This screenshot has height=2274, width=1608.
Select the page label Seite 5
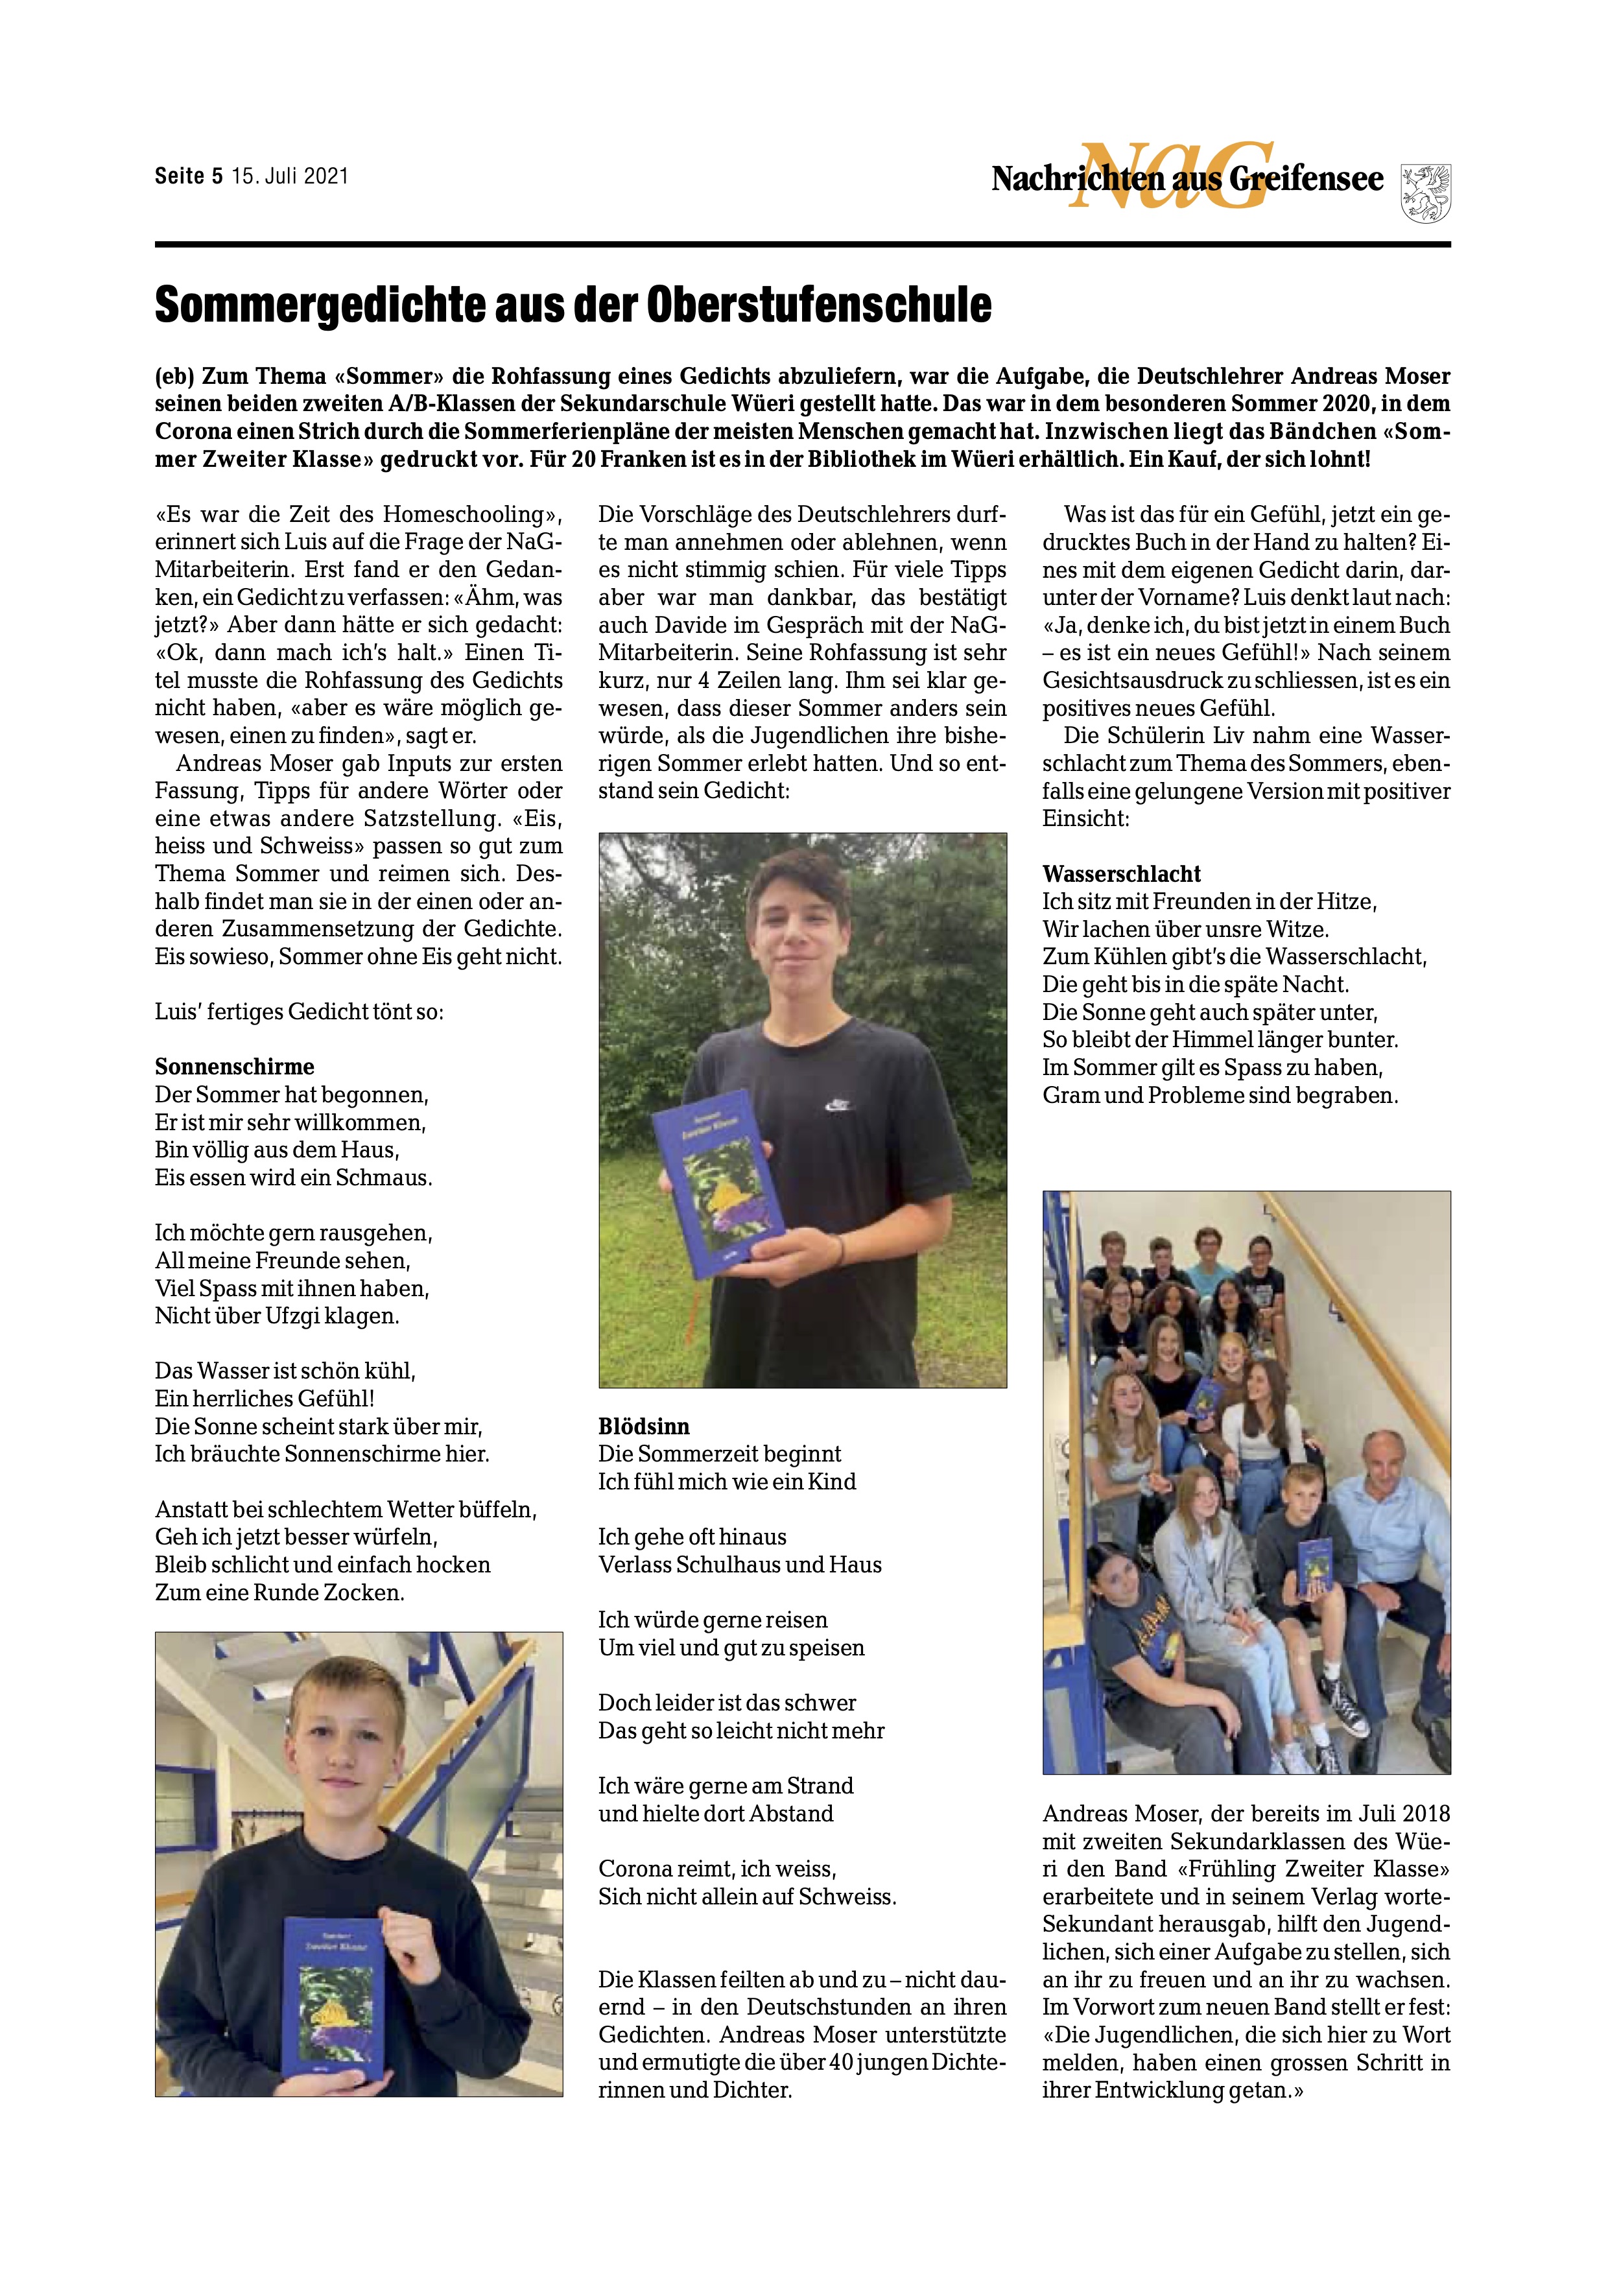pyautogui.click(x=188, y=176)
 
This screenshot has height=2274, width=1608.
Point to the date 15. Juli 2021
pyautogui.click(x=290, y=176)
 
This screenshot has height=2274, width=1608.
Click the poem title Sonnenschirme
pyautogui.click(x=235, y=1067)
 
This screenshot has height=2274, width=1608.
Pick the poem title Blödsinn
pyautogui.click(x=644, y=1427)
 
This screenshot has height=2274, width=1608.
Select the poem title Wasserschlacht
pyautogui.click(x=1121, y=873)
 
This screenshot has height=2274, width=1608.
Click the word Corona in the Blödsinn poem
pyautogui.click(x=635, y=1869)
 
